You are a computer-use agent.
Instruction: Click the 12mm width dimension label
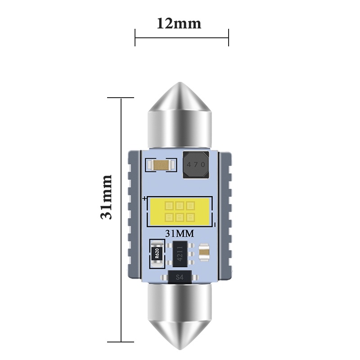tap(179, 23)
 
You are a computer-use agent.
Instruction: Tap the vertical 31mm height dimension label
tap(106, 197)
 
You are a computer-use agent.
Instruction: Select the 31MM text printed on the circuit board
tap(180, 234)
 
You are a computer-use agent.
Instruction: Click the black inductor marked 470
tap(196, 164)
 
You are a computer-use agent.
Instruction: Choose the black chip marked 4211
tap(180, 253)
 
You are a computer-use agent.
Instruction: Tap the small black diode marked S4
tap(180, 277)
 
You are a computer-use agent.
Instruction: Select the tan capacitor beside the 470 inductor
tap(159, 166)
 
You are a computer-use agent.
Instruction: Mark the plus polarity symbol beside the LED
tap(144, 198)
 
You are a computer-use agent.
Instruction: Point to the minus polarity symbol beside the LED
tap(216, 225)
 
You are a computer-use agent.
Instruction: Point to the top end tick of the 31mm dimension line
tap(121, 97)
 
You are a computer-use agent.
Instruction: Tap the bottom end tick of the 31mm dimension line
tap(121, 342)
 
